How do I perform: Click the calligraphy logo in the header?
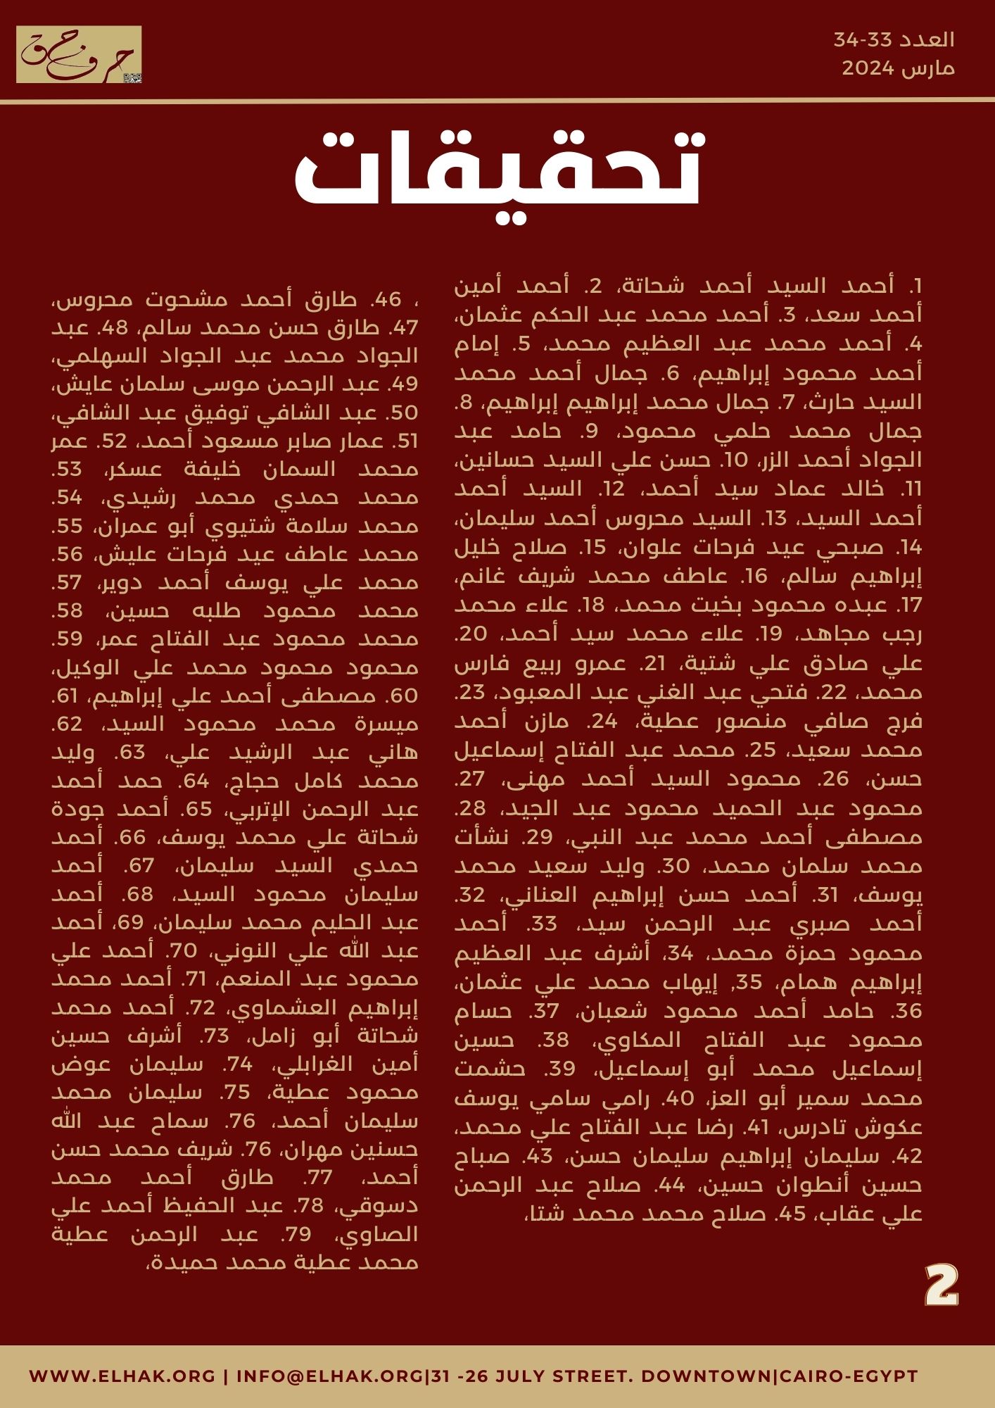tap(79, 55)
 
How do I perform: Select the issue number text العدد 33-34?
tap(894, 40)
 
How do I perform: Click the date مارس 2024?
tap(898, 69)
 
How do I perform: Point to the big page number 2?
tap(942, 1286)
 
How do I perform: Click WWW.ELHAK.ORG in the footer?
tap(122, 1376)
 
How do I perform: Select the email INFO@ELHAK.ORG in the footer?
tap(331, 1376)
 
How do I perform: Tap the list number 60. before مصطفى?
tap(403, 696)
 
